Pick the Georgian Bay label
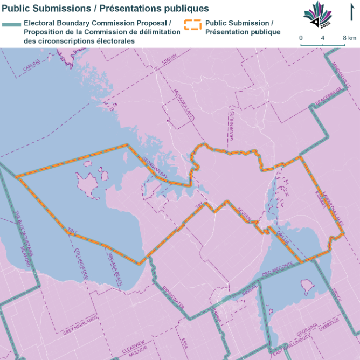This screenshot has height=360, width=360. click(x=156, y=168)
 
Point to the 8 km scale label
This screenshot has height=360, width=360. click(x=349, y=38)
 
